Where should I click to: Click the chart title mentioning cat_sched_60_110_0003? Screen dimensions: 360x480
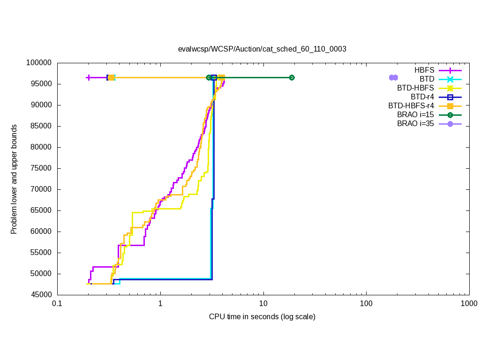(x=262, y=49)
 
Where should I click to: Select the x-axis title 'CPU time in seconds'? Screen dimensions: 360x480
(x=262, y=317)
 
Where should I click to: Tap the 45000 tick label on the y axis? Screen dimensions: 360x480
(x=40, y=295)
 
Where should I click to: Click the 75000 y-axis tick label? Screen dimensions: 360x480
(x=40, y=168)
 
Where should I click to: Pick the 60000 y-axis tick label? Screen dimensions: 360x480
(x=40, y=232)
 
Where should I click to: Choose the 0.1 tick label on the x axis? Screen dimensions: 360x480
(x=57, y=304)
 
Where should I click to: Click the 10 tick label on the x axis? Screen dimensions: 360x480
(x=263, y=304)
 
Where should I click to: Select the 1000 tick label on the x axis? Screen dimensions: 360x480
(x=469, y=304)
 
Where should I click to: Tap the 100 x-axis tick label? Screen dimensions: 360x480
(x=366, y=304)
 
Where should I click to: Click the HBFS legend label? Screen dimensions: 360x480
(x=424, y=70)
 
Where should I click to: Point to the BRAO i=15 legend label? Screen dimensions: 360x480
(x=415, y=115)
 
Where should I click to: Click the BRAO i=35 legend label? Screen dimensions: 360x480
(x=415, y=124)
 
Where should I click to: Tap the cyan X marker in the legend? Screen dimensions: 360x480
(x=450, y=79)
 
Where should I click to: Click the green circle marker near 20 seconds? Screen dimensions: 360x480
(x=292, y=77)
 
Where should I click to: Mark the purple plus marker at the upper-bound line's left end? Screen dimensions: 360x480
(x=88, y=77)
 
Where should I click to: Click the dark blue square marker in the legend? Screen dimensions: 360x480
(x=450, y=97)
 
